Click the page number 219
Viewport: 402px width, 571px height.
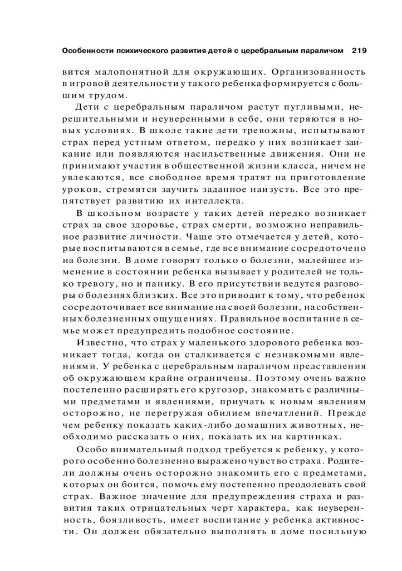(359, 51)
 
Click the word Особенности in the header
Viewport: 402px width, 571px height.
(85, 51)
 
